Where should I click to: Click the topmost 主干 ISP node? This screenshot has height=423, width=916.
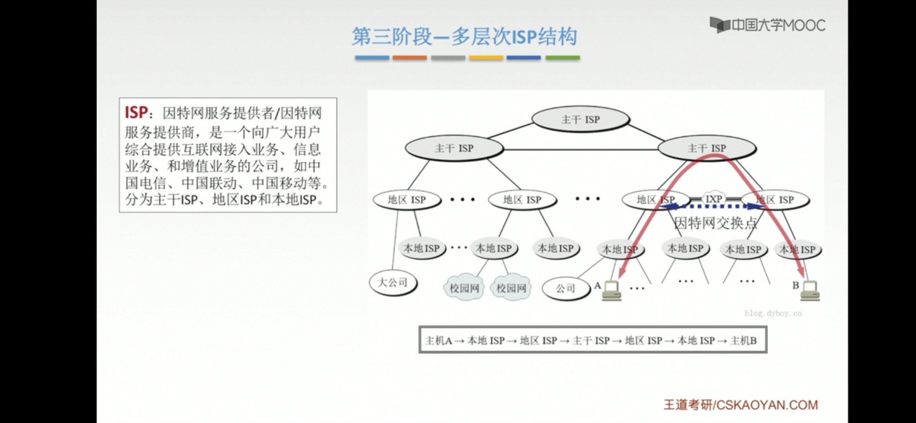[580, 119]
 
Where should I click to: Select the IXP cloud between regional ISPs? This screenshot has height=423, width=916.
[713, 199]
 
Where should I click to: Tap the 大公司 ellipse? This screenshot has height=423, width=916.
[393, 282]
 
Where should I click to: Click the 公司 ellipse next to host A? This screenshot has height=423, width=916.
[566, 289]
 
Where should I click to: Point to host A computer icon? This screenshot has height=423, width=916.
[611, 291]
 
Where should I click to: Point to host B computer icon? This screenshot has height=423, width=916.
[810, 291]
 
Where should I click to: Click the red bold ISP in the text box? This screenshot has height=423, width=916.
[136, 113]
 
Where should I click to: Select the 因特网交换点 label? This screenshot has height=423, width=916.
[716, 223]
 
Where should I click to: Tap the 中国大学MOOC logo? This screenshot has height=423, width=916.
[767, 25]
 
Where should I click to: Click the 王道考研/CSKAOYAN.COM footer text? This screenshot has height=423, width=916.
[741, 405]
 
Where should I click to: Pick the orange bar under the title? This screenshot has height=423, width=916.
[409, 58]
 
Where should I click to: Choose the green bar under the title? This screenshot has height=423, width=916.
[563, 58]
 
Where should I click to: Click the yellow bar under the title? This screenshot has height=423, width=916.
[486, 58]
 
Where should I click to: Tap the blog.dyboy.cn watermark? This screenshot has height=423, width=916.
[773, 313]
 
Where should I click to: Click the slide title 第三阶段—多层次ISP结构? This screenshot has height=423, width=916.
[464, 37]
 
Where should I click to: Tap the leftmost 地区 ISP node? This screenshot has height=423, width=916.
[407, 200]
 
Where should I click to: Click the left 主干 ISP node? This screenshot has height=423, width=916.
[454, 148]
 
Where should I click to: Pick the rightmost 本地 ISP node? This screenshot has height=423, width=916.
[797, 249]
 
